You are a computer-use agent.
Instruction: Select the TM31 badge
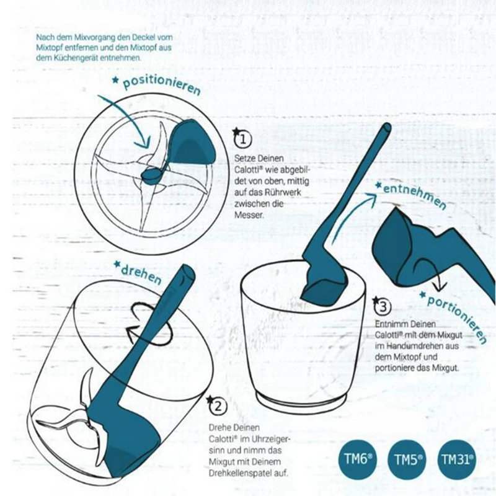pyautogui.click(x=458, y=459)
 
